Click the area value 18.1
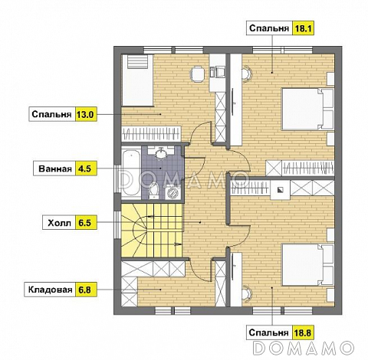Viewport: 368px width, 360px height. tap(303, 28)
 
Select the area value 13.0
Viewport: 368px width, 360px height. tap(85, 114)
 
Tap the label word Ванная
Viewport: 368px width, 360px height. tap(55, 169)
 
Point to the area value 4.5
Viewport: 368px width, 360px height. tap(85, 169)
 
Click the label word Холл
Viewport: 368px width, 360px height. tap(59, 223)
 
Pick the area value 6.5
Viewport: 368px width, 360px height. tap(85, 223)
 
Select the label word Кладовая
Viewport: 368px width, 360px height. tap(50, 290)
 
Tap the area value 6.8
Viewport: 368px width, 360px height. tap(85, 290)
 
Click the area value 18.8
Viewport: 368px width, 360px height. tap(303, 332)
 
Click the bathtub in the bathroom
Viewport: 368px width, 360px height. tap(131, 173)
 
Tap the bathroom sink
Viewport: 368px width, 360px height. tap(161, 153)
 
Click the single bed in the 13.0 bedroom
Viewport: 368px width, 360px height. tap(137, 80)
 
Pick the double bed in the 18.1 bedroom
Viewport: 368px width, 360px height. tap(307, 109)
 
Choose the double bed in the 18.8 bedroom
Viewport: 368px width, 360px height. tap(307, 265)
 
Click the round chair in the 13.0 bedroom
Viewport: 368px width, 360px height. tap(197, 74)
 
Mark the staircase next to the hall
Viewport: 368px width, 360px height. tap(152, 230)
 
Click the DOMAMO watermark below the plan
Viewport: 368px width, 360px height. tap(304, 348)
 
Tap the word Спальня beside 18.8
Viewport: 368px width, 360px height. tap(268, 332)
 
